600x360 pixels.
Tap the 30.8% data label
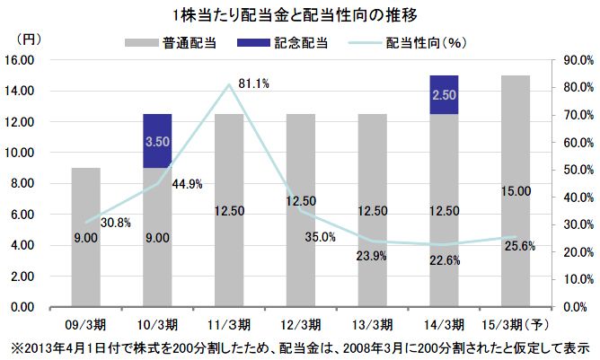[117, 223]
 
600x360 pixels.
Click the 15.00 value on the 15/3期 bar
[516, 191]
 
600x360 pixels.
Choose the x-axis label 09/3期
[85, 323]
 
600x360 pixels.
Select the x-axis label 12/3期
[300, 323]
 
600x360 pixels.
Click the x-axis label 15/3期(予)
[516, 323]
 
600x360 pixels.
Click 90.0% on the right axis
[574, 60]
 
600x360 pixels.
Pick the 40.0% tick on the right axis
[574, 197]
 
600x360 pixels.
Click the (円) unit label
[28, 40]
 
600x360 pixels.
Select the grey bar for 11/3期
[229, 210]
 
